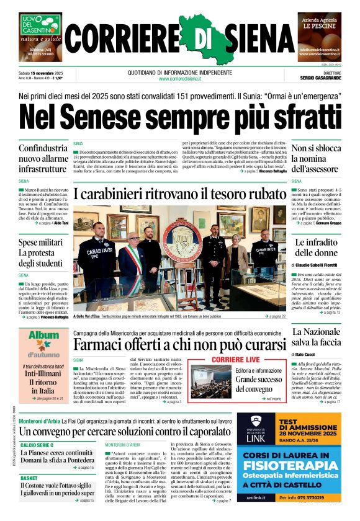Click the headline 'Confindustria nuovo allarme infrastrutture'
[x=43, y=159]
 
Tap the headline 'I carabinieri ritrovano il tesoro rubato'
[x=179, y=194]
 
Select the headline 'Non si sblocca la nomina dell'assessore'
[x=315, y=158]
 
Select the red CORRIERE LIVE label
[x=235, y=359]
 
